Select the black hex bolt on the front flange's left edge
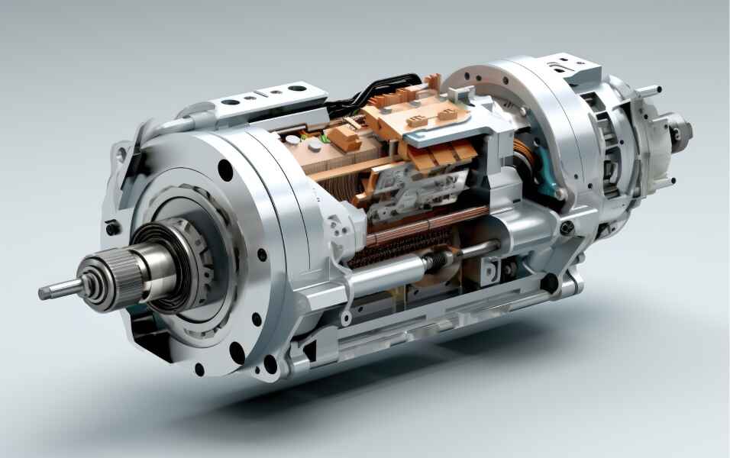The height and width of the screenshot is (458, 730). [112, 227]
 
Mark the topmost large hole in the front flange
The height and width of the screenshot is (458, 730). [225, 170]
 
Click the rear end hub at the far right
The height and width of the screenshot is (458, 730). [678, 131]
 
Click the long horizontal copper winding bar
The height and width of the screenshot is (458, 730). [428, 223]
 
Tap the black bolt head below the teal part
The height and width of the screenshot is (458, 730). [567, 227]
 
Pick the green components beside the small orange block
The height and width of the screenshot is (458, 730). [319, 139]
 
